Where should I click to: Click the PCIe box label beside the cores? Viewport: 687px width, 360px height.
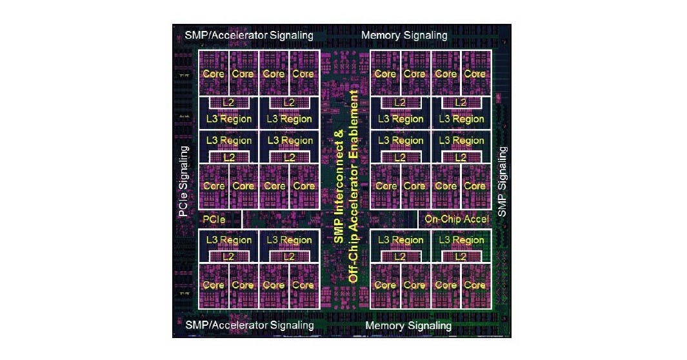[214, 219]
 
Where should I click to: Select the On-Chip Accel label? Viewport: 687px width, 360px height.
[457, 219]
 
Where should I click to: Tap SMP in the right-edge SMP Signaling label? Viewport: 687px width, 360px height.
[503, 205]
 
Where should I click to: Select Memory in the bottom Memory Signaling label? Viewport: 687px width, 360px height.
[385, 326]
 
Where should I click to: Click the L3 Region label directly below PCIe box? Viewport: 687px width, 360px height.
[228, 240]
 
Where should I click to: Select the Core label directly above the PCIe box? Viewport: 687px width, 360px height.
[214, 186]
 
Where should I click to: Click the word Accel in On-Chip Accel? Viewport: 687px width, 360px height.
[475, 219]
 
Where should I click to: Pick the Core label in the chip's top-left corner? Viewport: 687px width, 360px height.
[214, 74]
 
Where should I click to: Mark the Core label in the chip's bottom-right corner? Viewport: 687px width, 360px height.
[475, 285]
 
